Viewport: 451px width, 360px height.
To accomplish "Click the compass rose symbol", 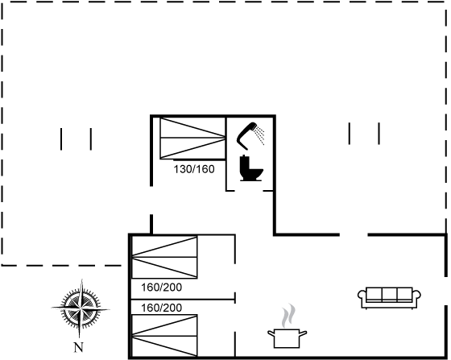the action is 81,308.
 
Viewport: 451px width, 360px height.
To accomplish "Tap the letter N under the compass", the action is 79,347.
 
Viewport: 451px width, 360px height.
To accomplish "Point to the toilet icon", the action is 250,168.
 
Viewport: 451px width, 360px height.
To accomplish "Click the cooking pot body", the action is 287,338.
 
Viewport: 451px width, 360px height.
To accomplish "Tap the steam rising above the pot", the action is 288,316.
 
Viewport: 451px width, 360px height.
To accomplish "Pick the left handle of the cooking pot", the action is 271,333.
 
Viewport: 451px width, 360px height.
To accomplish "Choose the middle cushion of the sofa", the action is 390,294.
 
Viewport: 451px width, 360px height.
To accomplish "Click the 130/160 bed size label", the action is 194,169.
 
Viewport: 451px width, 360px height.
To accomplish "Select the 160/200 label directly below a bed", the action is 161,288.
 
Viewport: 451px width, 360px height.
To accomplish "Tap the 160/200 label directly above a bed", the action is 161,308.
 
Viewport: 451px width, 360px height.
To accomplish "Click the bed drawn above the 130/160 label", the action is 192,138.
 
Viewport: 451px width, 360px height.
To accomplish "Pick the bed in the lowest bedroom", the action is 164,336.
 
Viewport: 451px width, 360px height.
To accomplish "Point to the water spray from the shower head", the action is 259,134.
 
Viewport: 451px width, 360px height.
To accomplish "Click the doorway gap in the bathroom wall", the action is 249,190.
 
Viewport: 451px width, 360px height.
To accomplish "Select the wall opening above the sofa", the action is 354,235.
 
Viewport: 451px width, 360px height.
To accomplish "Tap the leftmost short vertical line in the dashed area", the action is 61,139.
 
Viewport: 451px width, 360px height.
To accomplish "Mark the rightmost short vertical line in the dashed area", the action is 379,134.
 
